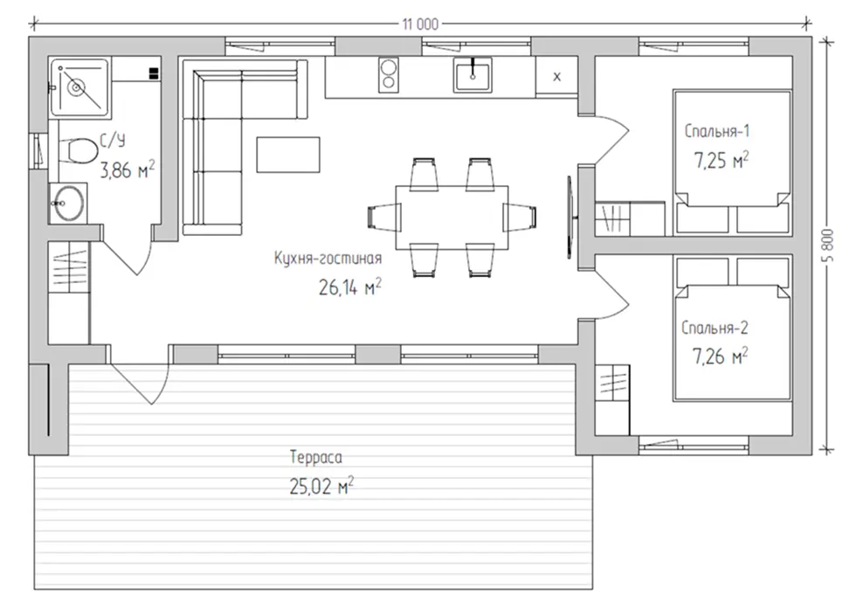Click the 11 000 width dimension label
point(420,24)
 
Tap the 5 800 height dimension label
point(830,245)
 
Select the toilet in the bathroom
point(78,149)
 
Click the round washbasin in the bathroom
point(68,203)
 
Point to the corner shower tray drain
point(76,87)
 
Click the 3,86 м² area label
point(128,170)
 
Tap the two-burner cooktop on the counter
point(389,74)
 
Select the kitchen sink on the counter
point(473,74)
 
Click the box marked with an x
point(557,77)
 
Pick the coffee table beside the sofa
point(288,155)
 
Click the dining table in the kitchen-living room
point(452,218)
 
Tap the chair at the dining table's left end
point(384,216)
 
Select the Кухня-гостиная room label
point(328,258)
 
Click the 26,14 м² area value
point(350,287)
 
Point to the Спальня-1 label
point(717,132)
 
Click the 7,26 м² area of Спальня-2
point(720,356)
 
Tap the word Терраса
point(316,457)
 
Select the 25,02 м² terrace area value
point(321,487)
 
